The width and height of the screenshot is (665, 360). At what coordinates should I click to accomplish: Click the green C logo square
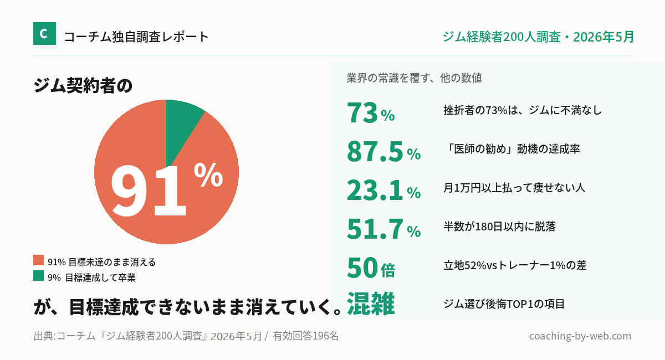tap(44, 34)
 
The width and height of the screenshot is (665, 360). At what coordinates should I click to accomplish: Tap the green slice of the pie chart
tap(181, 125)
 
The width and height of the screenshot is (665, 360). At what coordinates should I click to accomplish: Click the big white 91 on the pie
tap(149, 191)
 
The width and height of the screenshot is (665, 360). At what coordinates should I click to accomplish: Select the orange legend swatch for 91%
tap(39, 260)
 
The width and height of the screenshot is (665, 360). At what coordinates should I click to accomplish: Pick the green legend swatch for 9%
tap(39, 275)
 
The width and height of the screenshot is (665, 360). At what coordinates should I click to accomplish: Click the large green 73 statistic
tap(362, 113)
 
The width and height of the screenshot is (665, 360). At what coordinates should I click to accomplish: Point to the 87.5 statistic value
tap(375, 152)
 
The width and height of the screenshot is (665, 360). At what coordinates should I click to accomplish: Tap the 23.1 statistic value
tap(375, 190)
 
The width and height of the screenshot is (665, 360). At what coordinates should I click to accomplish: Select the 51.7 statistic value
tap(375, 229)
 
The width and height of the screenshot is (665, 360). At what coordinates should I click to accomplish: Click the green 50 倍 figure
tap(371, 268)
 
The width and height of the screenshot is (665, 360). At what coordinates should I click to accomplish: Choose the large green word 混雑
tap(371, 304)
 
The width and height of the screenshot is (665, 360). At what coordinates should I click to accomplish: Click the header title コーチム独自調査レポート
tap(136, 37)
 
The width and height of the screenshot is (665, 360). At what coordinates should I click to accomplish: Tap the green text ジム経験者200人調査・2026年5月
tap(538, 37)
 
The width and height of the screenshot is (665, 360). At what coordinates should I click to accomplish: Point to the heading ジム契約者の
tap(83, 85)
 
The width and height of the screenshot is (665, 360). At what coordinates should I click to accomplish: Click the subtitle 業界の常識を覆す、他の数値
tap(414, 78)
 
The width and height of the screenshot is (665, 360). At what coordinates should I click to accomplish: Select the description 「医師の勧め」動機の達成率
tap(511, 148)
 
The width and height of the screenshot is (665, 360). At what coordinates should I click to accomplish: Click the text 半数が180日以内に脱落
tap(500, 227)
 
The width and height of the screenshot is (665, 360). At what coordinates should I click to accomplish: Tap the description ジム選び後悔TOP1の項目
tap(504, 304)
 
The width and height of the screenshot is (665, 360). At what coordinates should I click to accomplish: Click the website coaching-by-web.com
tap(580, 336)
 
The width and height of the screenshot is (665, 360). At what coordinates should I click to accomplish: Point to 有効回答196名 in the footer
tap(306, 336)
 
